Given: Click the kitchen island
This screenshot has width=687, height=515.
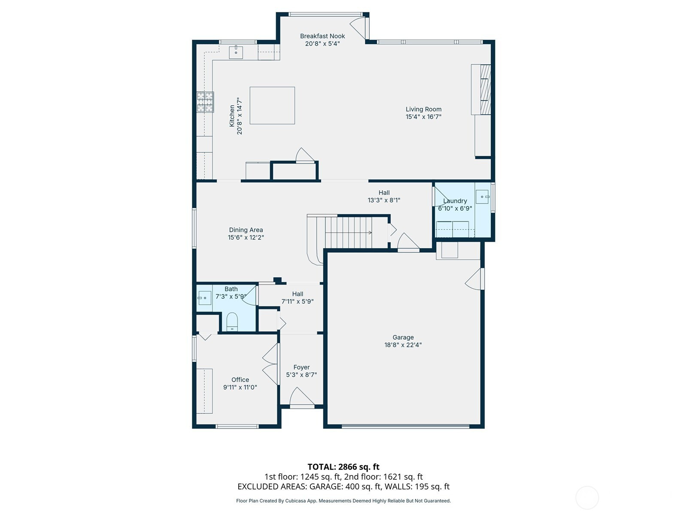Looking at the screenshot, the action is pos(272,106).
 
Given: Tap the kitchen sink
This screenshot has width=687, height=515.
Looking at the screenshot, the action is pos(236,52).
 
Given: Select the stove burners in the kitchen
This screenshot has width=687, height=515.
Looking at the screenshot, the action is pos(205,102).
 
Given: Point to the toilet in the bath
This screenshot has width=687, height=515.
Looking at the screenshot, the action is pos(232,321).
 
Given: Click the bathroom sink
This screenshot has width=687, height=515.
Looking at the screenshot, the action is pos(205,298).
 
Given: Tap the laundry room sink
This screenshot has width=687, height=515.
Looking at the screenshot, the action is pos(482,197).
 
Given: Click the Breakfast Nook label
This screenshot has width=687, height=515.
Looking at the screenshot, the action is pos(322,36).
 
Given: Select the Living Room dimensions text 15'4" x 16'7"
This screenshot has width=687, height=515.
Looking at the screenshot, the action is pos(423,117).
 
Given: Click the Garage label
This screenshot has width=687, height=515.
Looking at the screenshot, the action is pos(403,337).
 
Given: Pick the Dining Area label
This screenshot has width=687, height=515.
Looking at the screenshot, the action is pos(246,230).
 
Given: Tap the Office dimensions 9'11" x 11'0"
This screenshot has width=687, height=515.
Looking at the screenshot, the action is pos(240,387).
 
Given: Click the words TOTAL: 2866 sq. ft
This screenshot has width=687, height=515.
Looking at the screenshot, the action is pos(343,467).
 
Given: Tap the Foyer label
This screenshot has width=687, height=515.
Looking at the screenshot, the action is pos(301,367).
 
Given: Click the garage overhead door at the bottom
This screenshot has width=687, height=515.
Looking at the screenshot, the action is pos(405,426).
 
